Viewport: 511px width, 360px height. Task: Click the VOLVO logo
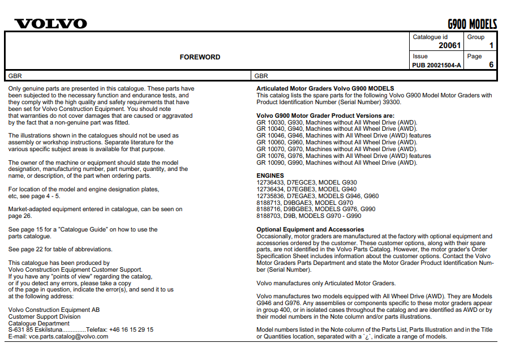pos(51,24)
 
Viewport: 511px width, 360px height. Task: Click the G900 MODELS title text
pos(472,24)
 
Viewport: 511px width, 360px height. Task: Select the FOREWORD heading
pos(200,57)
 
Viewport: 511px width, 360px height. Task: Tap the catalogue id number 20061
pos(450,46)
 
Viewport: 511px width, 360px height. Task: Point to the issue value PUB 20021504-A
pos(437,65)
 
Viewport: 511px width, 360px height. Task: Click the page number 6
pos(491,65)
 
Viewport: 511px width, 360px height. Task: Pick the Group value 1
pos(491,46)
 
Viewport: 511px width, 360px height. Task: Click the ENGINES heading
pos(270,176)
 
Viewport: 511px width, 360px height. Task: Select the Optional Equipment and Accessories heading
pos(310,229)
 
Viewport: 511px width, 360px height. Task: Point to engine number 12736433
pos(270,183)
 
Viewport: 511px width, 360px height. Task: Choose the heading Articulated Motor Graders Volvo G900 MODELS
pos(325,89)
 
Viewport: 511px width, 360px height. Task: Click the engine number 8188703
pos(269,216)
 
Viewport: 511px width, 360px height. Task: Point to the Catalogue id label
pos(430,37)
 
